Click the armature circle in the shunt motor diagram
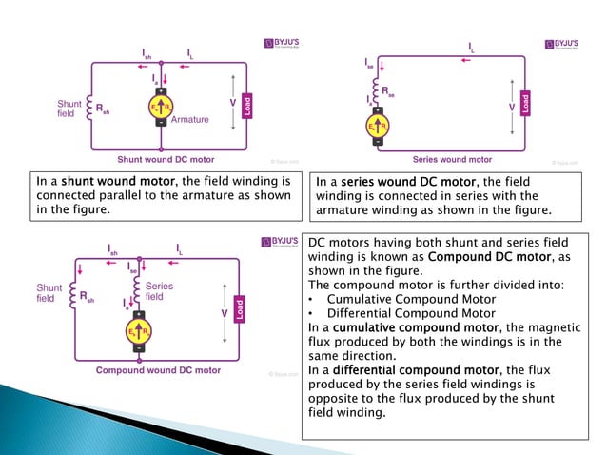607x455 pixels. point(161,109)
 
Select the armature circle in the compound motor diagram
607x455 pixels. point(139,329)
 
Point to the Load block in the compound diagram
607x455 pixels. point(240,310)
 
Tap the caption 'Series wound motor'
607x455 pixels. point(452,160)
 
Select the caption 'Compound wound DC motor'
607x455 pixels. point(157,370)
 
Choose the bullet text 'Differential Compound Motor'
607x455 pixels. point(410,313)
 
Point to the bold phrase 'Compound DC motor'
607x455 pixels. point(484,256)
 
